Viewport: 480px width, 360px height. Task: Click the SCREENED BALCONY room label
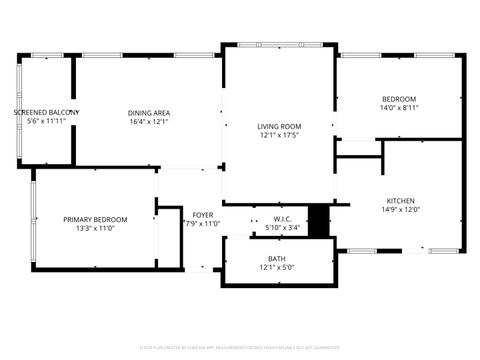46,112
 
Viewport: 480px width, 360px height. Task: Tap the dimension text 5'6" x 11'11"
46,122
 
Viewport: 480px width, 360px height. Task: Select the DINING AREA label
148,112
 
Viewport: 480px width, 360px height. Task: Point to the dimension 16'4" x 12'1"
148,122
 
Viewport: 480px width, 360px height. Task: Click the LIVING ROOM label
279,126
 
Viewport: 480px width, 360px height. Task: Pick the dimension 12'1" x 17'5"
279,136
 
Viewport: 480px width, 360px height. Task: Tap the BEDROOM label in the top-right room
399,98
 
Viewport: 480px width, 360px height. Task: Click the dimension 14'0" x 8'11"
399,108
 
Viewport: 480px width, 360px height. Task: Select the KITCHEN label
399,200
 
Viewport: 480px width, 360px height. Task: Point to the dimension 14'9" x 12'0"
399,210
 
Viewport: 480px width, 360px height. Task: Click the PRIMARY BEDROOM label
95,219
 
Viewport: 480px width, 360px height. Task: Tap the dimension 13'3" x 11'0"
95,229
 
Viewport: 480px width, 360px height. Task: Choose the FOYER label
202,214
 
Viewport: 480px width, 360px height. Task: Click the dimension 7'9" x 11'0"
202,224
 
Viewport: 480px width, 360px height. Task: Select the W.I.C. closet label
282,218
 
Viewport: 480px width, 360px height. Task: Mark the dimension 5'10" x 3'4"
282,228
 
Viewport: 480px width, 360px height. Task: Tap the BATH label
278,258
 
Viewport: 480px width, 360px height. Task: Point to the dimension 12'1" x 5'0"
278,268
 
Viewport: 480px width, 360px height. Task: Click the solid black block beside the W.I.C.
318,221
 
